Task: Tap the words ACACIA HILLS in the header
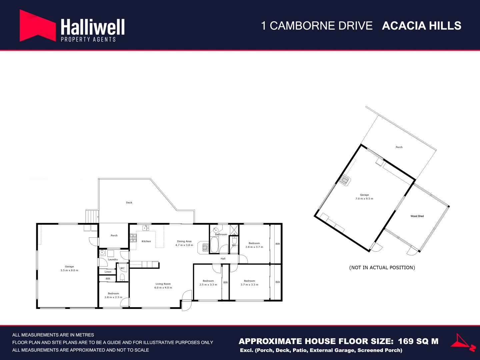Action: click(x=421, y=26)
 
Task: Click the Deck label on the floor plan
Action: click(x=129, y=203)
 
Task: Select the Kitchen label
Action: click(x=146, y=241)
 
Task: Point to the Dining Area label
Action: click(x=184, y=241)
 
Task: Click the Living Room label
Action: click(x=163, y=284)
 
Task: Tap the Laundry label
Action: click(x=113, y=259)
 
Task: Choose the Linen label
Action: click(x=108, y=272)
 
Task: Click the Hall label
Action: click(x=223, y=259)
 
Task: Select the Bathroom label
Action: click(x=221, y=234)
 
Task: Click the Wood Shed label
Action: click(x=417, y=216)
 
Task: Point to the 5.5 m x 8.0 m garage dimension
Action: click(x=69, y=270)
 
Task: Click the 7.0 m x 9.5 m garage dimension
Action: click(x=364, y=199)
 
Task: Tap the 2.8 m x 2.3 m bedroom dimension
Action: click(x=113, y=297)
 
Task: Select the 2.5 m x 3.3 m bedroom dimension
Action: click(x=208, y=285)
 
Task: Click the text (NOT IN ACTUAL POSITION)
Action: click(x=382, y=268)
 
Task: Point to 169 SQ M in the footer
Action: click(x=418, y=341)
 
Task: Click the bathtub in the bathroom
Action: click(x=214, y=245)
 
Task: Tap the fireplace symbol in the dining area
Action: click(x=206, y=247)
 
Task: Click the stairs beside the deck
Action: click(x=92, y=216)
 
